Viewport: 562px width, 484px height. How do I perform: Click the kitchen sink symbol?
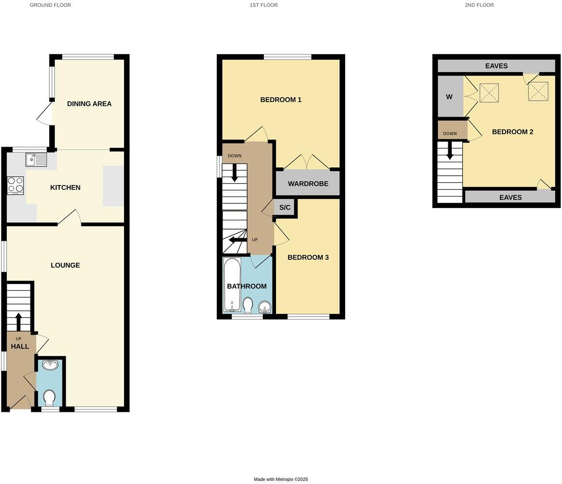pyautogui.click(x=36, y=159)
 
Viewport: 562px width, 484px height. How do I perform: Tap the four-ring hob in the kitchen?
pyautogui.click(x=15, y=185)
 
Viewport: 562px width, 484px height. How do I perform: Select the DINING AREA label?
pyautogui.click(x=89, y=104)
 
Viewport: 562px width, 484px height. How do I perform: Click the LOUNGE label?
pyautogui.click(x=65, y=265)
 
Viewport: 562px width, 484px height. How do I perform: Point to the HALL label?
pyautogui.click(x=20, y=347)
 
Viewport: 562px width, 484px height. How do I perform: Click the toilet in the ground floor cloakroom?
pyautogui.click(x=49, y=398)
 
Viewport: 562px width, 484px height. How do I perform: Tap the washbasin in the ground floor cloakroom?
pyautogui.click(x=50, y=365)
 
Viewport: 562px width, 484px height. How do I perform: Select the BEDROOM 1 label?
pyautogui.click(x=281, y=100)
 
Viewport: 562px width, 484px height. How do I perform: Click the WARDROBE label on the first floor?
pyautogui.click(x=308, y=184)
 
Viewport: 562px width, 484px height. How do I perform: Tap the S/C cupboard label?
pyautogui.click(x=285, y=208)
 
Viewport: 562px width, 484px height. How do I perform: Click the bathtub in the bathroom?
pyautogui.click(x=232, y=285)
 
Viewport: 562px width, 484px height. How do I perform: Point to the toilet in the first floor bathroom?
pyautogui.click(x=247, y=305)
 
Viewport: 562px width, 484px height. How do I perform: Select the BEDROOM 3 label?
pyautogui.click(x=308, y=257)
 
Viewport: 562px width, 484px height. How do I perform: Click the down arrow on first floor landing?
pyautogui.click(x=235, y=173)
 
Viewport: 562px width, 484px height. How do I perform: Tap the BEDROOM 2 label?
pyautogui.click(x=512, y=132)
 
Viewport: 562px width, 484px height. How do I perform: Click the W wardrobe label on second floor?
pyautogui.click(x=449, y=97)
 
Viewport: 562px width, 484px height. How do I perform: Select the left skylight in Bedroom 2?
pyautogui.click(x=489, y=93)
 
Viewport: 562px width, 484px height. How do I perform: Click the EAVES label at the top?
pyautogui.click(x=496, y=66)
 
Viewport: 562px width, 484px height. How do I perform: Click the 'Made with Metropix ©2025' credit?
pyautogui.click(x=281, y=479)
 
